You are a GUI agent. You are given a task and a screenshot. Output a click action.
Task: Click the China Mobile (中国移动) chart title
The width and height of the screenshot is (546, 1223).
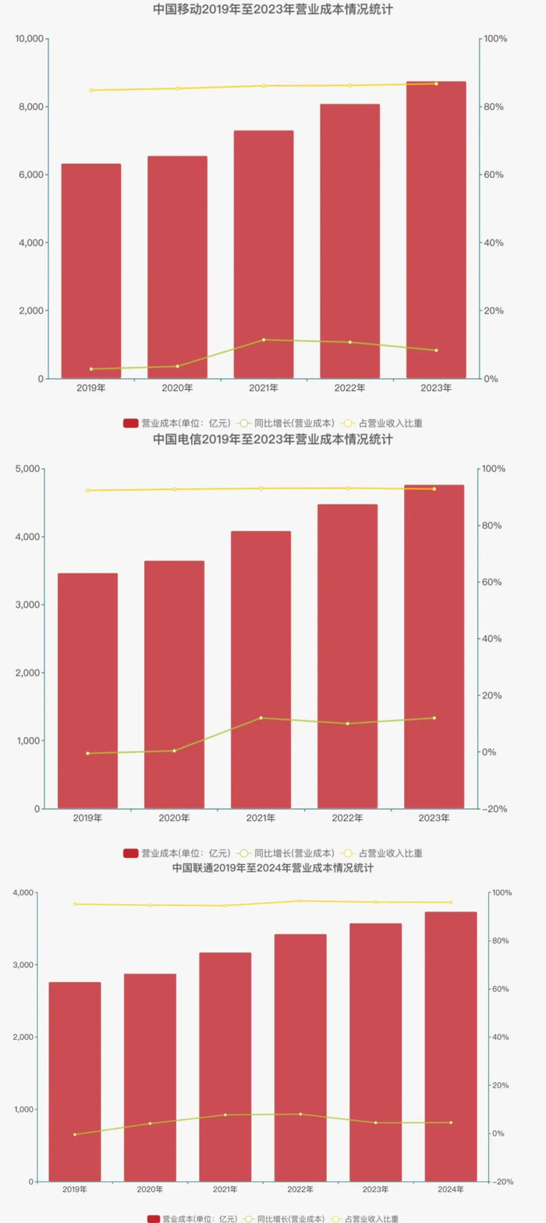point(272,10)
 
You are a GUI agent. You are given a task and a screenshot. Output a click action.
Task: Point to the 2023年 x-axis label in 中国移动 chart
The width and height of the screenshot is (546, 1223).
point(436,388)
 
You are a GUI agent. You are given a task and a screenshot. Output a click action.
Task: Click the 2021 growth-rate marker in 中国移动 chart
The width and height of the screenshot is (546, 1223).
point(264,340)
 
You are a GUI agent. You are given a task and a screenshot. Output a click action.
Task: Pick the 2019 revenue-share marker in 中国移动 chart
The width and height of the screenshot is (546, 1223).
point(91,90)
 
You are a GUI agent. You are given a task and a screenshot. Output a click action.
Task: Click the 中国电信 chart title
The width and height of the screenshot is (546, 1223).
point(272,439)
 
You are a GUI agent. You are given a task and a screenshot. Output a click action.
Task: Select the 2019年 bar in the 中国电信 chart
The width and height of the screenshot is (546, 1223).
point(87,690)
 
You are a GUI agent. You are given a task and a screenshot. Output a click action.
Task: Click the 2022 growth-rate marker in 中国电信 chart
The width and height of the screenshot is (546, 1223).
point(347,724)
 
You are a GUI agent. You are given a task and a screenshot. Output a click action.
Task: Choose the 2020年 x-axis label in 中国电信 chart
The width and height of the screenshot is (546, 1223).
point(174,818)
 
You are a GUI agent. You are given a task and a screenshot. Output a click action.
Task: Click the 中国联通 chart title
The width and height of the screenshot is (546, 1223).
point(272,867)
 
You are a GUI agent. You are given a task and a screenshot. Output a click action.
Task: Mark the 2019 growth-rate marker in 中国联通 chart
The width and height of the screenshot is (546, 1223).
point(75,1134)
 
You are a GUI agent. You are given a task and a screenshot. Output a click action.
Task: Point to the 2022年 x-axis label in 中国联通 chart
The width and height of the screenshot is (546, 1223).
point(300,1189)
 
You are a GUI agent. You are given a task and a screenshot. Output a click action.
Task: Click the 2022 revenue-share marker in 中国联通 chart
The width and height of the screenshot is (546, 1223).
point(300,901)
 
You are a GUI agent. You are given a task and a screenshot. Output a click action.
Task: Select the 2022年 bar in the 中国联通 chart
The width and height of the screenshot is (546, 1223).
point(300,1057)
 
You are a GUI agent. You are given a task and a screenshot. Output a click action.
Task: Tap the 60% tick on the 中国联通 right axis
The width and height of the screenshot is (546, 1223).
point(501,989)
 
